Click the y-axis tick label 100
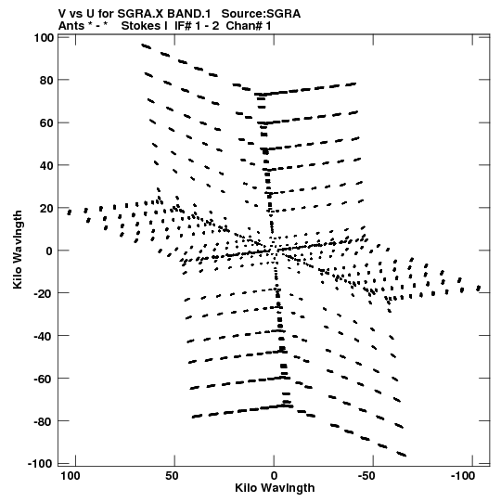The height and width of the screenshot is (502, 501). pos(44,38)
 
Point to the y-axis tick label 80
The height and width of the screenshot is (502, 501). pos(46,81)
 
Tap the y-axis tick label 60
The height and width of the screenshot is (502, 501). pos(46,122)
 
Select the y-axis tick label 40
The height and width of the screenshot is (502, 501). pos(46,165)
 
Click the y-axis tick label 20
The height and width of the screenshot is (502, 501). pos(46,208)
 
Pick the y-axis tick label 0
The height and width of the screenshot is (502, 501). pos(49,251)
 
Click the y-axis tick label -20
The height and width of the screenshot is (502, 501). pos(45,293)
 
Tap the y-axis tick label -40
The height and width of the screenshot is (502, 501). pos(45,336)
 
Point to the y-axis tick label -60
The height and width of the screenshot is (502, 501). pos(45,379)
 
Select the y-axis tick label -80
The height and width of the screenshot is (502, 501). pos(45,421)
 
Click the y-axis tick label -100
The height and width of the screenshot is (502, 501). pos(41,464)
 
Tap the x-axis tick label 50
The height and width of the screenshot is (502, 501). pos(172,476)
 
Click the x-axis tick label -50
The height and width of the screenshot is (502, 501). pos(366,476)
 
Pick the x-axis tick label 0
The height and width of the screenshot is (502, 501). pos(274,476)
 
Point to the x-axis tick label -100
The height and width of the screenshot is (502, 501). pos(463,476)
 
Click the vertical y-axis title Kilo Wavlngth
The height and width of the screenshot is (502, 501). pos(18,250)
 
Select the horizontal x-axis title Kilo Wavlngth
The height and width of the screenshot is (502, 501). pos(275,488)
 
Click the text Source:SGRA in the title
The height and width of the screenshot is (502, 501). pos(261,14)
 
